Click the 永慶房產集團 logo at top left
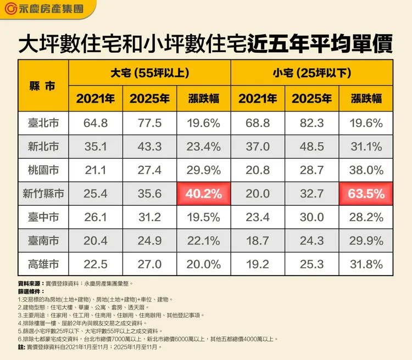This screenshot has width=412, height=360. coord(44,9)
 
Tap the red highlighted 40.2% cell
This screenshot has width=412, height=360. coord(204,194)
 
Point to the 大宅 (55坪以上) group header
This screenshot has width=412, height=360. coord(149,73)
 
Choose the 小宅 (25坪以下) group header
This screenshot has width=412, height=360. coord(311,73)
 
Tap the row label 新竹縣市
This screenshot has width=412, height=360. coord(43,194)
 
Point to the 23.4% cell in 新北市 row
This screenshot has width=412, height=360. coord(204,147)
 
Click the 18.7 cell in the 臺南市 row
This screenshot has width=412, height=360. coord(258,241)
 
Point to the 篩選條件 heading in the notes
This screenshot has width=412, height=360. coord(31,292)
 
